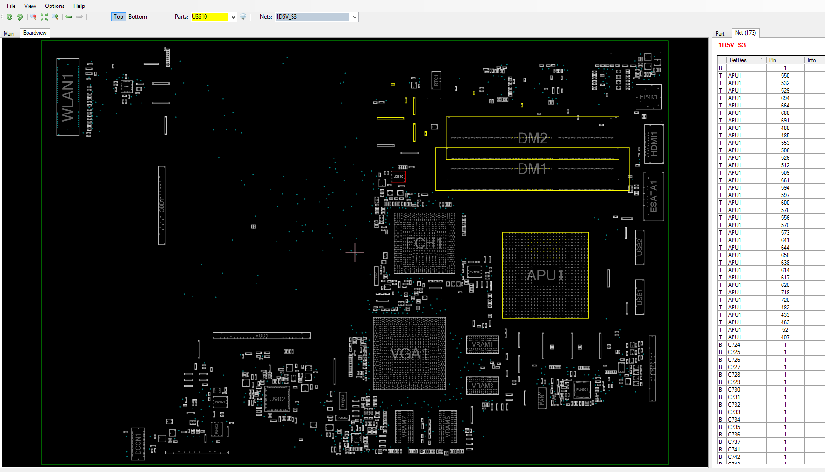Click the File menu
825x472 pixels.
tap(11, 6)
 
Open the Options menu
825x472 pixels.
tap(55, 6)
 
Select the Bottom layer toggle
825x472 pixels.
tap(137, 17)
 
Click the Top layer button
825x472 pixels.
tap(118, 17)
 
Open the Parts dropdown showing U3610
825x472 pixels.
tap(233, 17)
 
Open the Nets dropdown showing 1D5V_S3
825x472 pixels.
tap(355, 17)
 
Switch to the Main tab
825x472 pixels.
tap(9, 33)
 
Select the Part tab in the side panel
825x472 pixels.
tap(720, 33)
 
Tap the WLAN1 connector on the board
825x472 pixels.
tap(68, 97)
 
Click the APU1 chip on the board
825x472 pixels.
tap(545, 275)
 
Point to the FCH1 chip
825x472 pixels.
tap(424, 243)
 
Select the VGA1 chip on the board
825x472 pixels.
tap(409, 353)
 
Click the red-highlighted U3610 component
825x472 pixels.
tap(398, 177)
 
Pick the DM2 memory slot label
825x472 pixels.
tap(533, 138)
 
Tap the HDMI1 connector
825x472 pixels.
tap(654, 144)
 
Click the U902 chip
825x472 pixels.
tap(277, 399)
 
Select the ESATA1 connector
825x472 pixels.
tap(653, 196)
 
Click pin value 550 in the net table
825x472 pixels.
tap(785, 76)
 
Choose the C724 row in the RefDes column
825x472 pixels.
tap(734, 345)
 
